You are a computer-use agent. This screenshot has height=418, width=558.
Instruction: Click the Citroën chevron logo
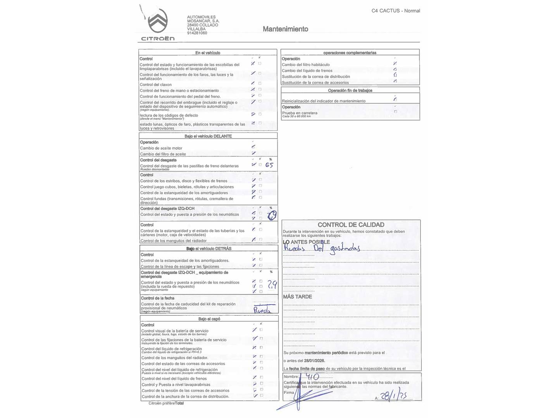coord(158,22)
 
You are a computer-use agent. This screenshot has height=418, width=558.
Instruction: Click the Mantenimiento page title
coord(285,29)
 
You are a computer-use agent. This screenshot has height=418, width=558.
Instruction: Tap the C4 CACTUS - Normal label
coord(396,11)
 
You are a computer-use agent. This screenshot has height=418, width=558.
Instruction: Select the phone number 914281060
coord(197,33)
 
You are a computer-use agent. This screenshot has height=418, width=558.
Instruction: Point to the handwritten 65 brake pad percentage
coord(269,165)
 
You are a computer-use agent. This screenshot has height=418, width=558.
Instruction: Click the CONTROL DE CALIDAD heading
coord(351,224)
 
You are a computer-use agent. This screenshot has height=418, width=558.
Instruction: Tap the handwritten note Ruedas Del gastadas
coord(322,248)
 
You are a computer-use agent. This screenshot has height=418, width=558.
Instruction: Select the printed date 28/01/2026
coord(314,361)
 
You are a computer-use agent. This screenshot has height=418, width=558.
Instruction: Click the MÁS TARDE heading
coord(297,296)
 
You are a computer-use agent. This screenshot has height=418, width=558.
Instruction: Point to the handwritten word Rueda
coord(263,310)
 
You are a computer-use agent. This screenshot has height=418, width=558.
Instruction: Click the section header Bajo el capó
coord(209,319)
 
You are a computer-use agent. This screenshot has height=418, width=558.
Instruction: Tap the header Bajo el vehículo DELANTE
coord(208,136)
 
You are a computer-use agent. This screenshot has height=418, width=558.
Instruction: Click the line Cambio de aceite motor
coord(161,148)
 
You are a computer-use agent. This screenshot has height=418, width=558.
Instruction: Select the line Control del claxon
coord(155,85)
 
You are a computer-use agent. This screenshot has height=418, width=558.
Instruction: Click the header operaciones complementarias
coord(350,53)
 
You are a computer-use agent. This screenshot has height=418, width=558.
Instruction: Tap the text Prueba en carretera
coord(300,113)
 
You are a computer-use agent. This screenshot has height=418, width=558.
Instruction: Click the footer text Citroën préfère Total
coord(166,403)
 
